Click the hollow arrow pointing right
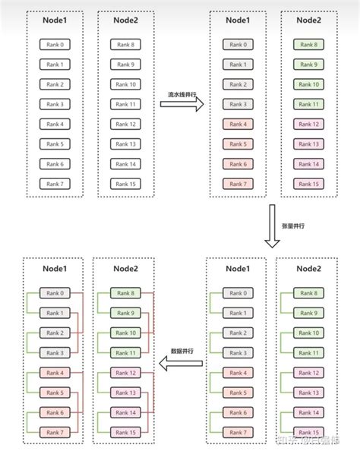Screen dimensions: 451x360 186,107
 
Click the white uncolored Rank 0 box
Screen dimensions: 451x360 54,46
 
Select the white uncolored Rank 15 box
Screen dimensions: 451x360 124,184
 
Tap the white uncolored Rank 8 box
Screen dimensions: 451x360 124,46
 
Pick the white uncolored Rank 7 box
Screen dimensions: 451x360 54,184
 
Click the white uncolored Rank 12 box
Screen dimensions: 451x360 124,125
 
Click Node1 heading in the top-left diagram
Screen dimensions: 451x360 54,21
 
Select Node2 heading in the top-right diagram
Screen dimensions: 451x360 309,21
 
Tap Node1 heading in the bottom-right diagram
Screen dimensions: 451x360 238,268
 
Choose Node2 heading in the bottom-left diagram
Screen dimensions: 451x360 124,268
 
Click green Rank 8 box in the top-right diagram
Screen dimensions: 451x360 309,46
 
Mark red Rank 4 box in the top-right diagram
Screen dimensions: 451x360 238,125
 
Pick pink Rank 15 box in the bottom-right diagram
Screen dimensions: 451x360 309,431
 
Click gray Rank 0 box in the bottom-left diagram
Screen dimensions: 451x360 54,293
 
